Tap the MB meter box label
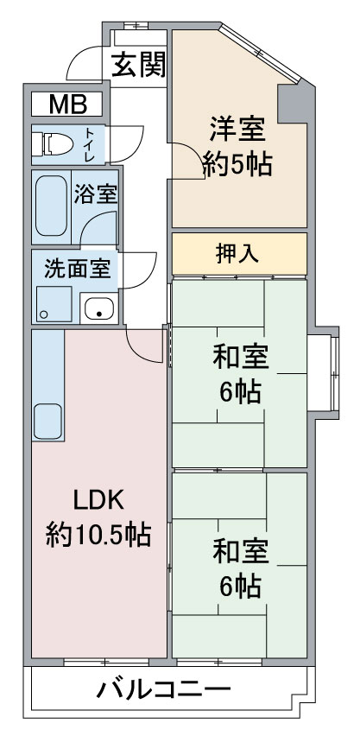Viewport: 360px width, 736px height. pos(67,105)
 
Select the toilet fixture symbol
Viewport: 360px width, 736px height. pos(53,144)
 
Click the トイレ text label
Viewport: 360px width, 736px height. pos(89,144)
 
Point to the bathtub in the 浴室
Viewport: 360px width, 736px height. pos(51,206)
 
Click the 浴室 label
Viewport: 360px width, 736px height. pos(95,194)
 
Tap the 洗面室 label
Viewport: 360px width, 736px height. pos(77,269)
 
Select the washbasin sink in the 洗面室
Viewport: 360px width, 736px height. pos(98,308)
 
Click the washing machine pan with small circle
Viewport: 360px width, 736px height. pos(54,304)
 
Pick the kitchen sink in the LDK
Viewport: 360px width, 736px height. pos(47,421)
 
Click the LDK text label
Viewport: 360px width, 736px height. pos(98,501)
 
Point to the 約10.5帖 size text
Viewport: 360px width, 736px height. pos(98,535)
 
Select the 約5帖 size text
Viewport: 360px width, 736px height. pos(237,164)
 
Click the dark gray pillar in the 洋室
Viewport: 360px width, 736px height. pos(292,104)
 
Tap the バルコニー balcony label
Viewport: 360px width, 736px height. pos(164,689)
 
